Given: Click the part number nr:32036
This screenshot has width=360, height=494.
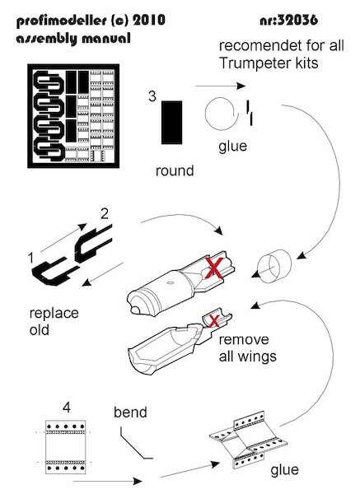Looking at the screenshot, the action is click(289, 21).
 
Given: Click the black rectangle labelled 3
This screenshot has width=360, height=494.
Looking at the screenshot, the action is click(172, 123).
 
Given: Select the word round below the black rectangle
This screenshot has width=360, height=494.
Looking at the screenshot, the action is click(175, 170).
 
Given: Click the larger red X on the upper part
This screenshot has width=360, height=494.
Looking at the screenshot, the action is click(214, 268).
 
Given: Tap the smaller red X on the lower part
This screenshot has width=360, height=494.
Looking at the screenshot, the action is click(214, 321).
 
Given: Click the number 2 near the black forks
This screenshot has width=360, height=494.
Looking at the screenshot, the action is click(105, 214).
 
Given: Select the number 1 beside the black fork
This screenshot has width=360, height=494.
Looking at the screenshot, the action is click(30, 259).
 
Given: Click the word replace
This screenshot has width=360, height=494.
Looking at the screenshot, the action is click(54, 314).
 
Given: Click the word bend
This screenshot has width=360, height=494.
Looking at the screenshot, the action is click(130, 412).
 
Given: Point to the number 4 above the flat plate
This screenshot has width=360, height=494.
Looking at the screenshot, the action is click(67, 408).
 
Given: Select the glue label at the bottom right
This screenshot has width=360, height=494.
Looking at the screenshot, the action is click(284, 470).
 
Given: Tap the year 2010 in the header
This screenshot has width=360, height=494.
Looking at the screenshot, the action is click(149, 21).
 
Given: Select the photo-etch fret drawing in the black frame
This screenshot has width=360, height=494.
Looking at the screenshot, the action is click(73, 116).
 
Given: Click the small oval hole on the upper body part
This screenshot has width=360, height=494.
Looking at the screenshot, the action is click(170, 282).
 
